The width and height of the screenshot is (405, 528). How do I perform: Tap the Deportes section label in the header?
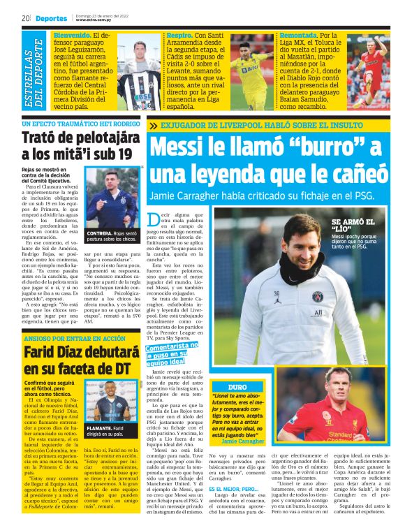pos(52,18)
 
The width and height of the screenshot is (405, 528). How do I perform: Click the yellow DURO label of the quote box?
pos(237,386)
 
